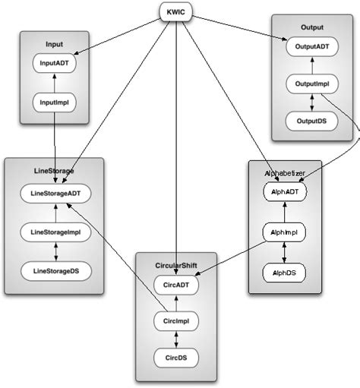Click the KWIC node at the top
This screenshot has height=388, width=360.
coord(176,12)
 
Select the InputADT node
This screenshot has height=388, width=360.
coord(54,65)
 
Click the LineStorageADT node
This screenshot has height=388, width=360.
coord(55,194)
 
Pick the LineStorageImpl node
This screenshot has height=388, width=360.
coord(55,232)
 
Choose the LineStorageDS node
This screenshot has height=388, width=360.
coord(55,269)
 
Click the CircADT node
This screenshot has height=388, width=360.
coord(175,284)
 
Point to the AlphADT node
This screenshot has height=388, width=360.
coord(283,193)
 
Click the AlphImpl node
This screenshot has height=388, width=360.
coord(283,232)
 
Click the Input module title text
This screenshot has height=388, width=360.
coord(55,44)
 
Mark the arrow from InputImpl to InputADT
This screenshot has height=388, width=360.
coord(54,82)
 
